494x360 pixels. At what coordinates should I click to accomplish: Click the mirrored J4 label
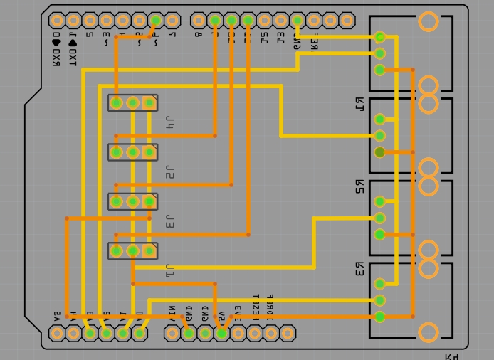click(x=169, y=122)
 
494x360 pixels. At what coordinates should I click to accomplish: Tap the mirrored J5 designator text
click(x=169, y=172)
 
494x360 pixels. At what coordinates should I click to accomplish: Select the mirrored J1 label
click(x=169, y=271)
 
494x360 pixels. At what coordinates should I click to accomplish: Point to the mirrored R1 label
click(x=359, y=104)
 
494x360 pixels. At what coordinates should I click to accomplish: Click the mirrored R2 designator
click(x=359, y=186)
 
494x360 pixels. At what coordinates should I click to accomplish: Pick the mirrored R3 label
click(x=359, y=269)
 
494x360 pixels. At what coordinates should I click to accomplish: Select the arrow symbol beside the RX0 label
click(x=56, y=43)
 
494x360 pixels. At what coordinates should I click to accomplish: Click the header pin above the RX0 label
click(x=57, y=21)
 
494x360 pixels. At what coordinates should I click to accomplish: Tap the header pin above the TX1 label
click(x=73, y=21)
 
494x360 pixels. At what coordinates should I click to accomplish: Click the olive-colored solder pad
click(x=379, y=152)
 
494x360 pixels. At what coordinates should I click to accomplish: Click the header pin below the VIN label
click(x=172, y=333)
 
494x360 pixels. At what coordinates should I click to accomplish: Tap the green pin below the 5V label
click(x=221, y=333)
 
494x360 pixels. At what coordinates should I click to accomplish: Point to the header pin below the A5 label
click(x=57, y=333)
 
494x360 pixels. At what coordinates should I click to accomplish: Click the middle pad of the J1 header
click(x=132, y=250)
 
